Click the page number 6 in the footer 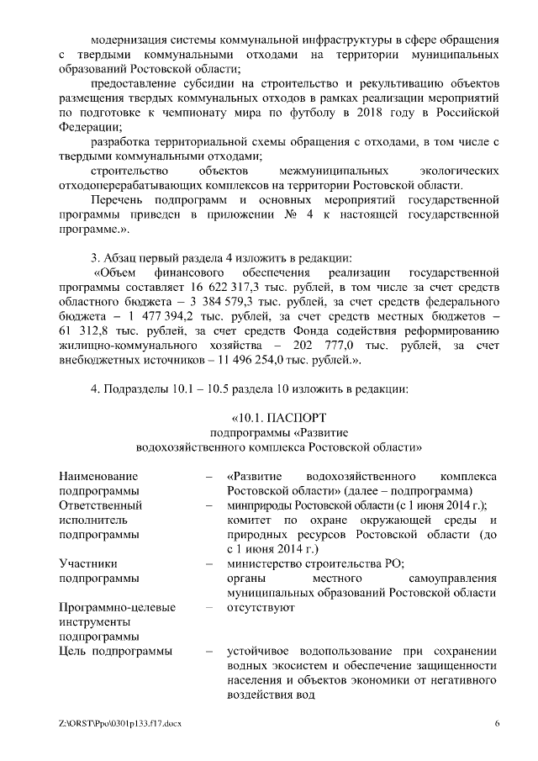[x=496, y=723]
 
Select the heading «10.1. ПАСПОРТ [x=278, y=417]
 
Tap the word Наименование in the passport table [x=98, y=477]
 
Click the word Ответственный [x=100, y=505]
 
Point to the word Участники [x=88, y=564]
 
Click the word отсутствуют [x=261, y=608]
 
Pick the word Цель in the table [x=74, y=652]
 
